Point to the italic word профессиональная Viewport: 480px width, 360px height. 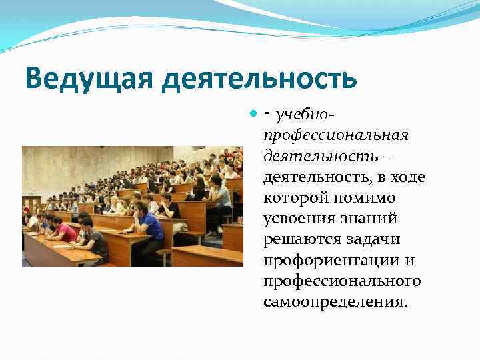pyautogui.click(x=335, y=136)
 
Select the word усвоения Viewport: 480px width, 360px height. pyautogui.click(x=299, y=219)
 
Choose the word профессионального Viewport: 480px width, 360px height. pyautogui.click(x=342, y=281)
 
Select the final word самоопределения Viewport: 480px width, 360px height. pyautogui.click(x=334, y=302)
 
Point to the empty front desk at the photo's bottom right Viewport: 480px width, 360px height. pyautogui.click(x=207, y=255)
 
